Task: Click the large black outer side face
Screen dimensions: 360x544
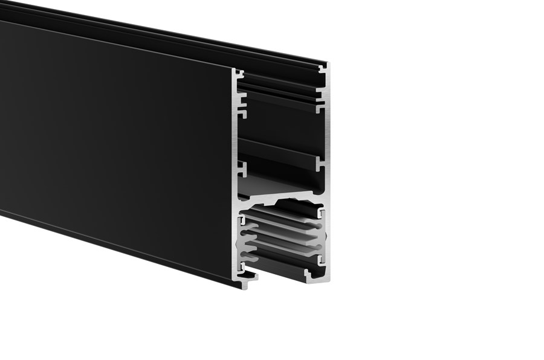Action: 115,145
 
